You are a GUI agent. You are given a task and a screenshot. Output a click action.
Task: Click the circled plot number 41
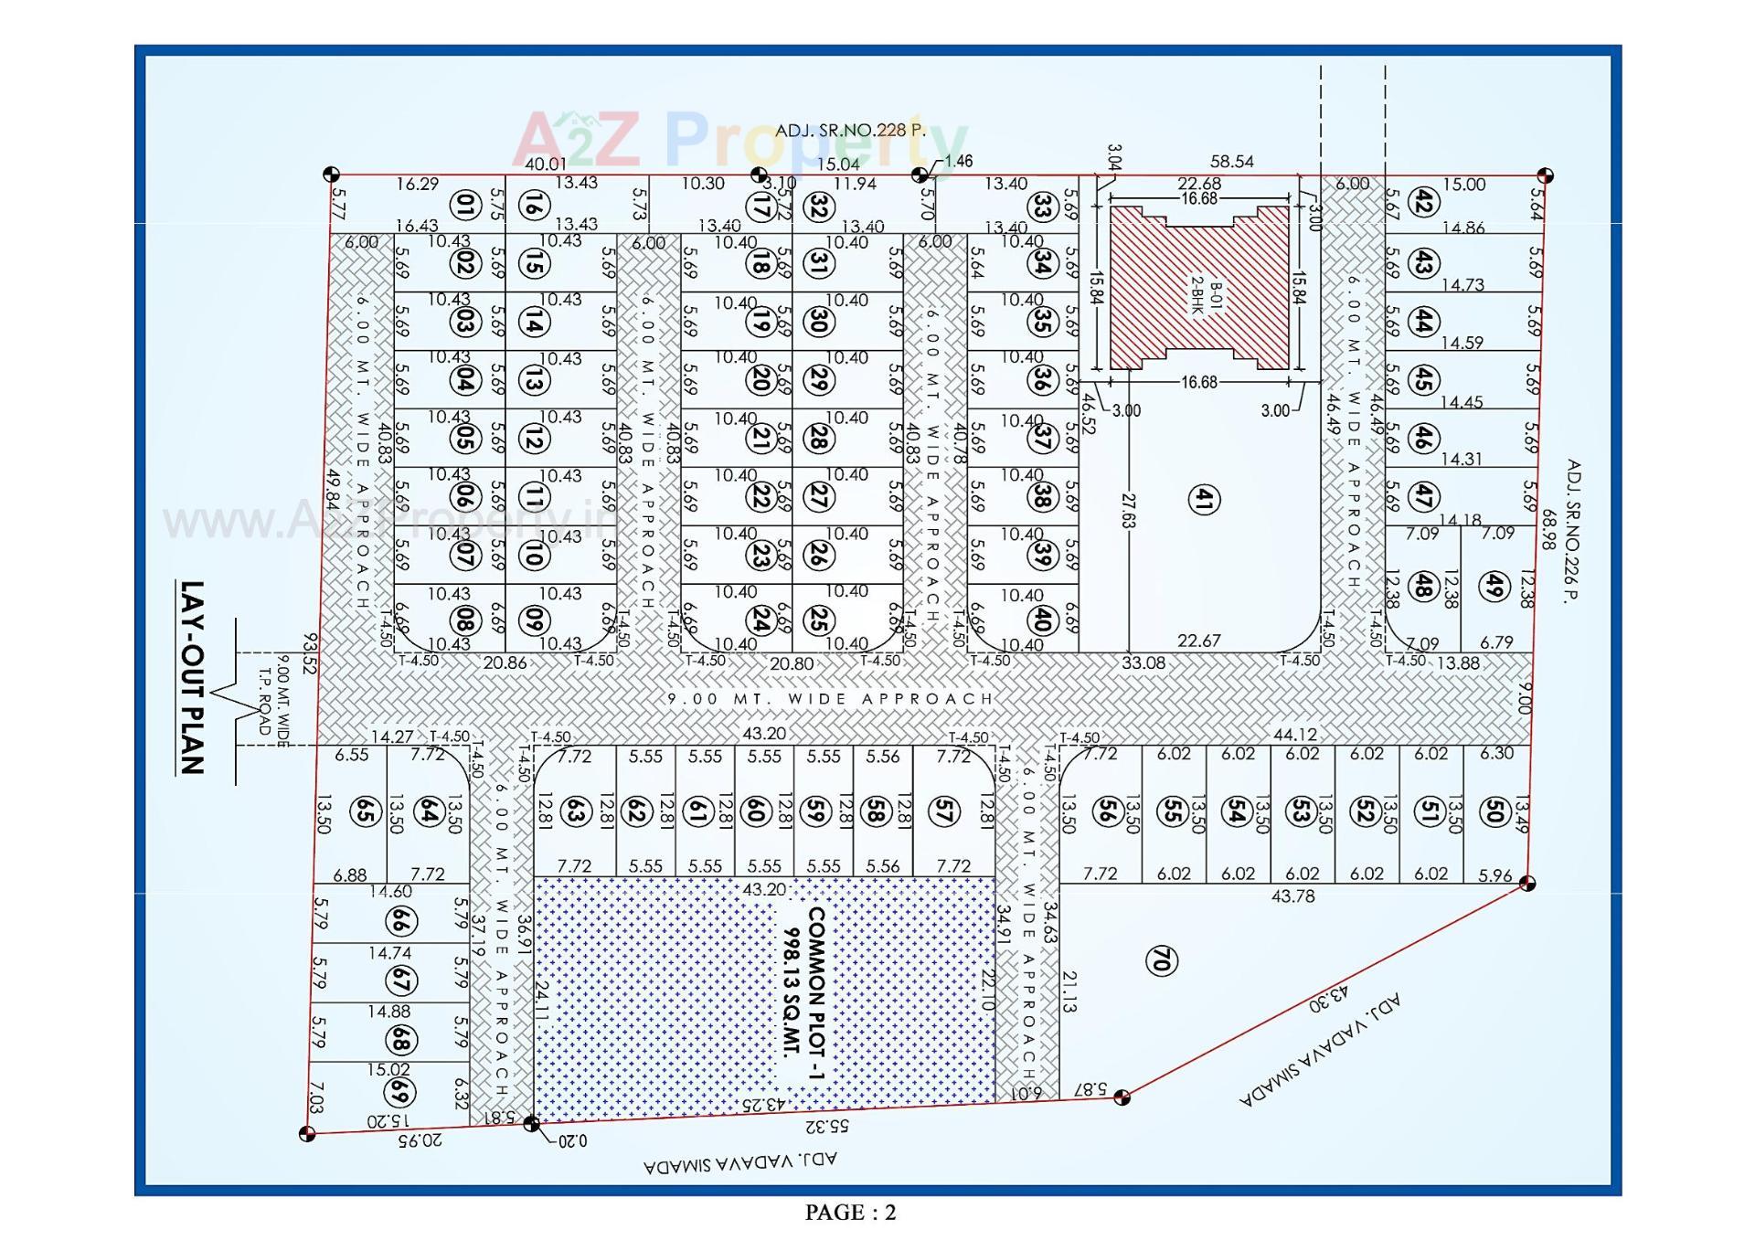tap(1204, 499)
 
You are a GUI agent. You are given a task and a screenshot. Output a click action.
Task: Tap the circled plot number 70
tap(1161, 960)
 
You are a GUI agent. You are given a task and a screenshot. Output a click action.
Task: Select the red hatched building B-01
tap(1199, 288)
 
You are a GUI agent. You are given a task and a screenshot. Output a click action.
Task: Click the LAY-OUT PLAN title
tap(192, 677)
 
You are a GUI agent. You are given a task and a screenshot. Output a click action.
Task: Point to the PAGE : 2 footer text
tap(850, 1213)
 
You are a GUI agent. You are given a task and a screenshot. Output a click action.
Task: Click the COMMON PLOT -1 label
tap(816, 992)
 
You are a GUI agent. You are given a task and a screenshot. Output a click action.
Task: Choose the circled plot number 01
tap(466, 205)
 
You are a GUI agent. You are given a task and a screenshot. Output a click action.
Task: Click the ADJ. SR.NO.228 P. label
tap(850, 131)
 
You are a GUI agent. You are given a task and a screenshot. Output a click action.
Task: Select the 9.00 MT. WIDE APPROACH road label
tap(830, 699)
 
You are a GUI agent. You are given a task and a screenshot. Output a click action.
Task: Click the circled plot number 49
tap(1494, 586)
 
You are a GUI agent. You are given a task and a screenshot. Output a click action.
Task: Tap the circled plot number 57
tap(943, 811)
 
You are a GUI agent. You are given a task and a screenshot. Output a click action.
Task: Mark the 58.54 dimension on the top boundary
tap(1231, 162)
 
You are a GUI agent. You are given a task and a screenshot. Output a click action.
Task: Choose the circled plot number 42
tap(1422, 202)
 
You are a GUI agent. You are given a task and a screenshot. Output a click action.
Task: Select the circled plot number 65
tap(366, 811)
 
